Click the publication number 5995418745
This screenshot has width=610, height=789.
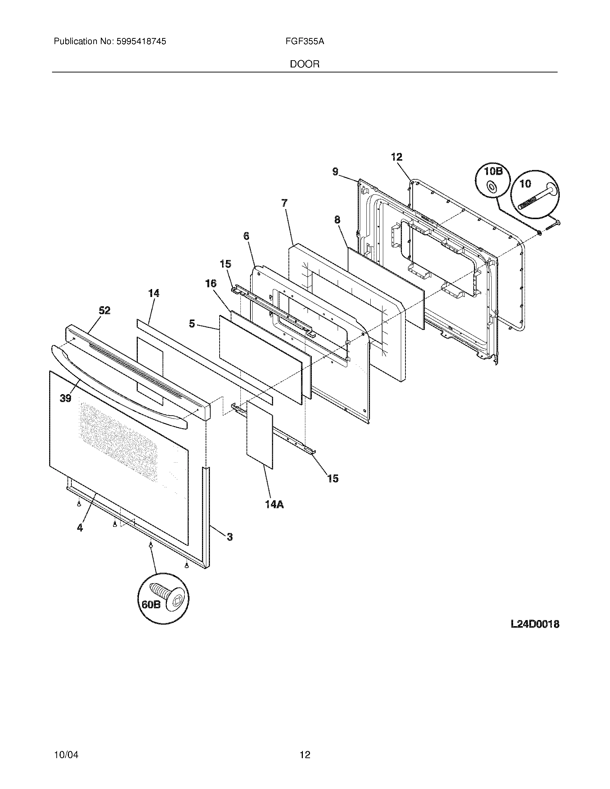[141, 42]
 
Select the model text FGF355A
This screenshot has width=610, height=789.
[305, 42]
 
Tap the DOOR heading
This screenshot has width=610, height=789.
[305, 64]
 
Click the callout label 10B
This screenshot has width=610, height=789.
[493, 171]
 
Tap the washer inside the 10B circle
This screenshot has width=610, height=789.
[491, 187]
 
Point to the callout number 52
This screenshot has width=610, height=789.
[105, 310]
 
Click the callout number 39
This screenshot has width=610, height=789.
[65, 398]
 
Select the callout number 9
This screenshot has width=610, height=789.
[335, 171]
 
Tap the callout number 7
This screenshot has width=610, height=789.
[285, 203]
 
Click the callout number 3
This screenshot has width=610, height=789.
[230, 547]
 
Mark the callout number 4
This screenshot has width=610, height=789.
[80, 528]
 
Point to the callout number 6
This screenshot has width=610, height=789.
[246, 236]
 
